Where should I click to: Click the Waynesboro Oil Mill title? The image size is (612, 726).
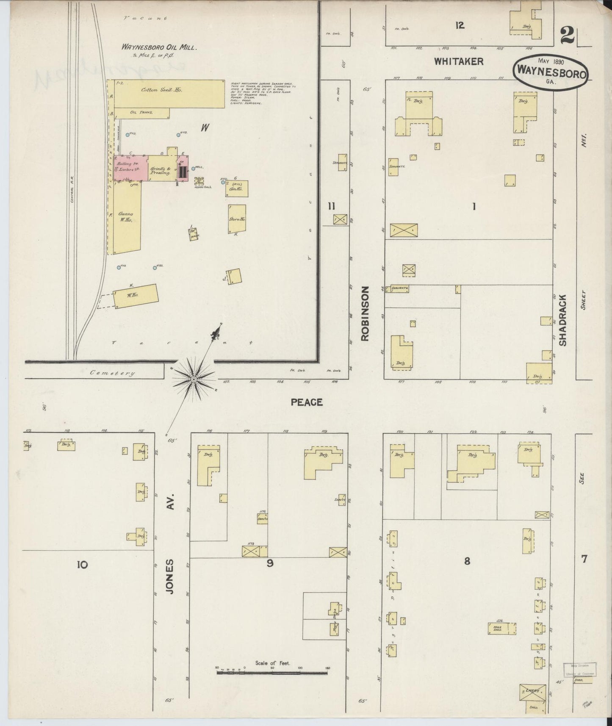(x=159, y=47)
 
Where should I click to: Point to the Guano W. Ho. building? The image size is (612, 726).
(x=125, y=218)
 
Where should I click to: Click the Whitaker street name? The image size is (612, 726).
(x=459, y=61)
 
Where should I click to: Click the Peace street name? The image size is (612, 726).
(x=307, y=402)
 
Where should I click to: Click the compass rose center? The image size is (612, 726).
(x=193, y=379)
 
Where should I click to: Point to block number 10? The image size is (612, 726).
(x=82, y=564)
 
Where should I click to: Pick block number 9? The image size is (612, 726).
(x=270, y=563)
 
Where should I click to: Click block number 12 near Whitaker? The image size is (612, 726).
(x=460, y=25)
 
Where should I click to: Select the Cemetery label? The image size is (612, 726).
(x=113, y=373)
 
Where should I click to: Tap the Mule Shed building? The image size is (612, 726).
(x=502, y=628)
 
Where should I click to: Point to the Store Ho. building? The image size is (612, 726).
(x=237, y=219)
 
